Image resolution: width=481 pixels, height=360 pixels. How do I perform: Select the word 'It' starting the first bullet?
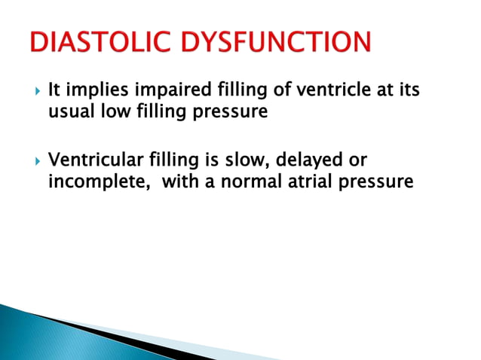pos(54,91)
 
